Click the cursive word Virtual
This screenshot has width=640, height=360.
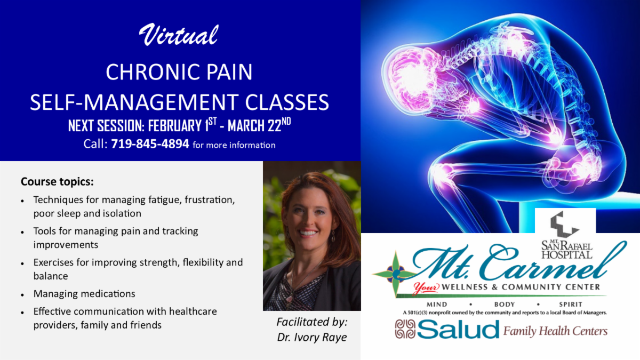pos(179,35)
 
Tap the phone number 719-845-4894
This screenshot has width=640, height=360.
pos(150,143)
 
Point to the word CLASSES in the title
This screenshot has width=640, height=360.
pos(287,102)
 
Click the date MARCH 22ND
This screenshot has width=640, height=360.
pos(259,125)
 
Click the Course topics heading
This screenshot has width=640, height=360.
pos(57,182)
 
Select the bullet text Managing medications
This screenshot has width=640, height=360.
pos(84,294)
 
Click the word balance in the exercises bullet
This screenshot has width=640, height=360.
pos(51,276)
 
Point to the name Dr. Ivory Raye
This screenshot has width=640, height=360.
pos(312,337)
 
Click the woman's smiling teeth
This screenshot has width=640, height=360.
pos(308,233)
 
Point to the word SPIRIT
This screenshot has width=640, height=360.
pos(571,305)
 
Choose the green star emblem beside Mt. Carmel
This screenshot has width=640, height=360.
pos(395,274)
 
